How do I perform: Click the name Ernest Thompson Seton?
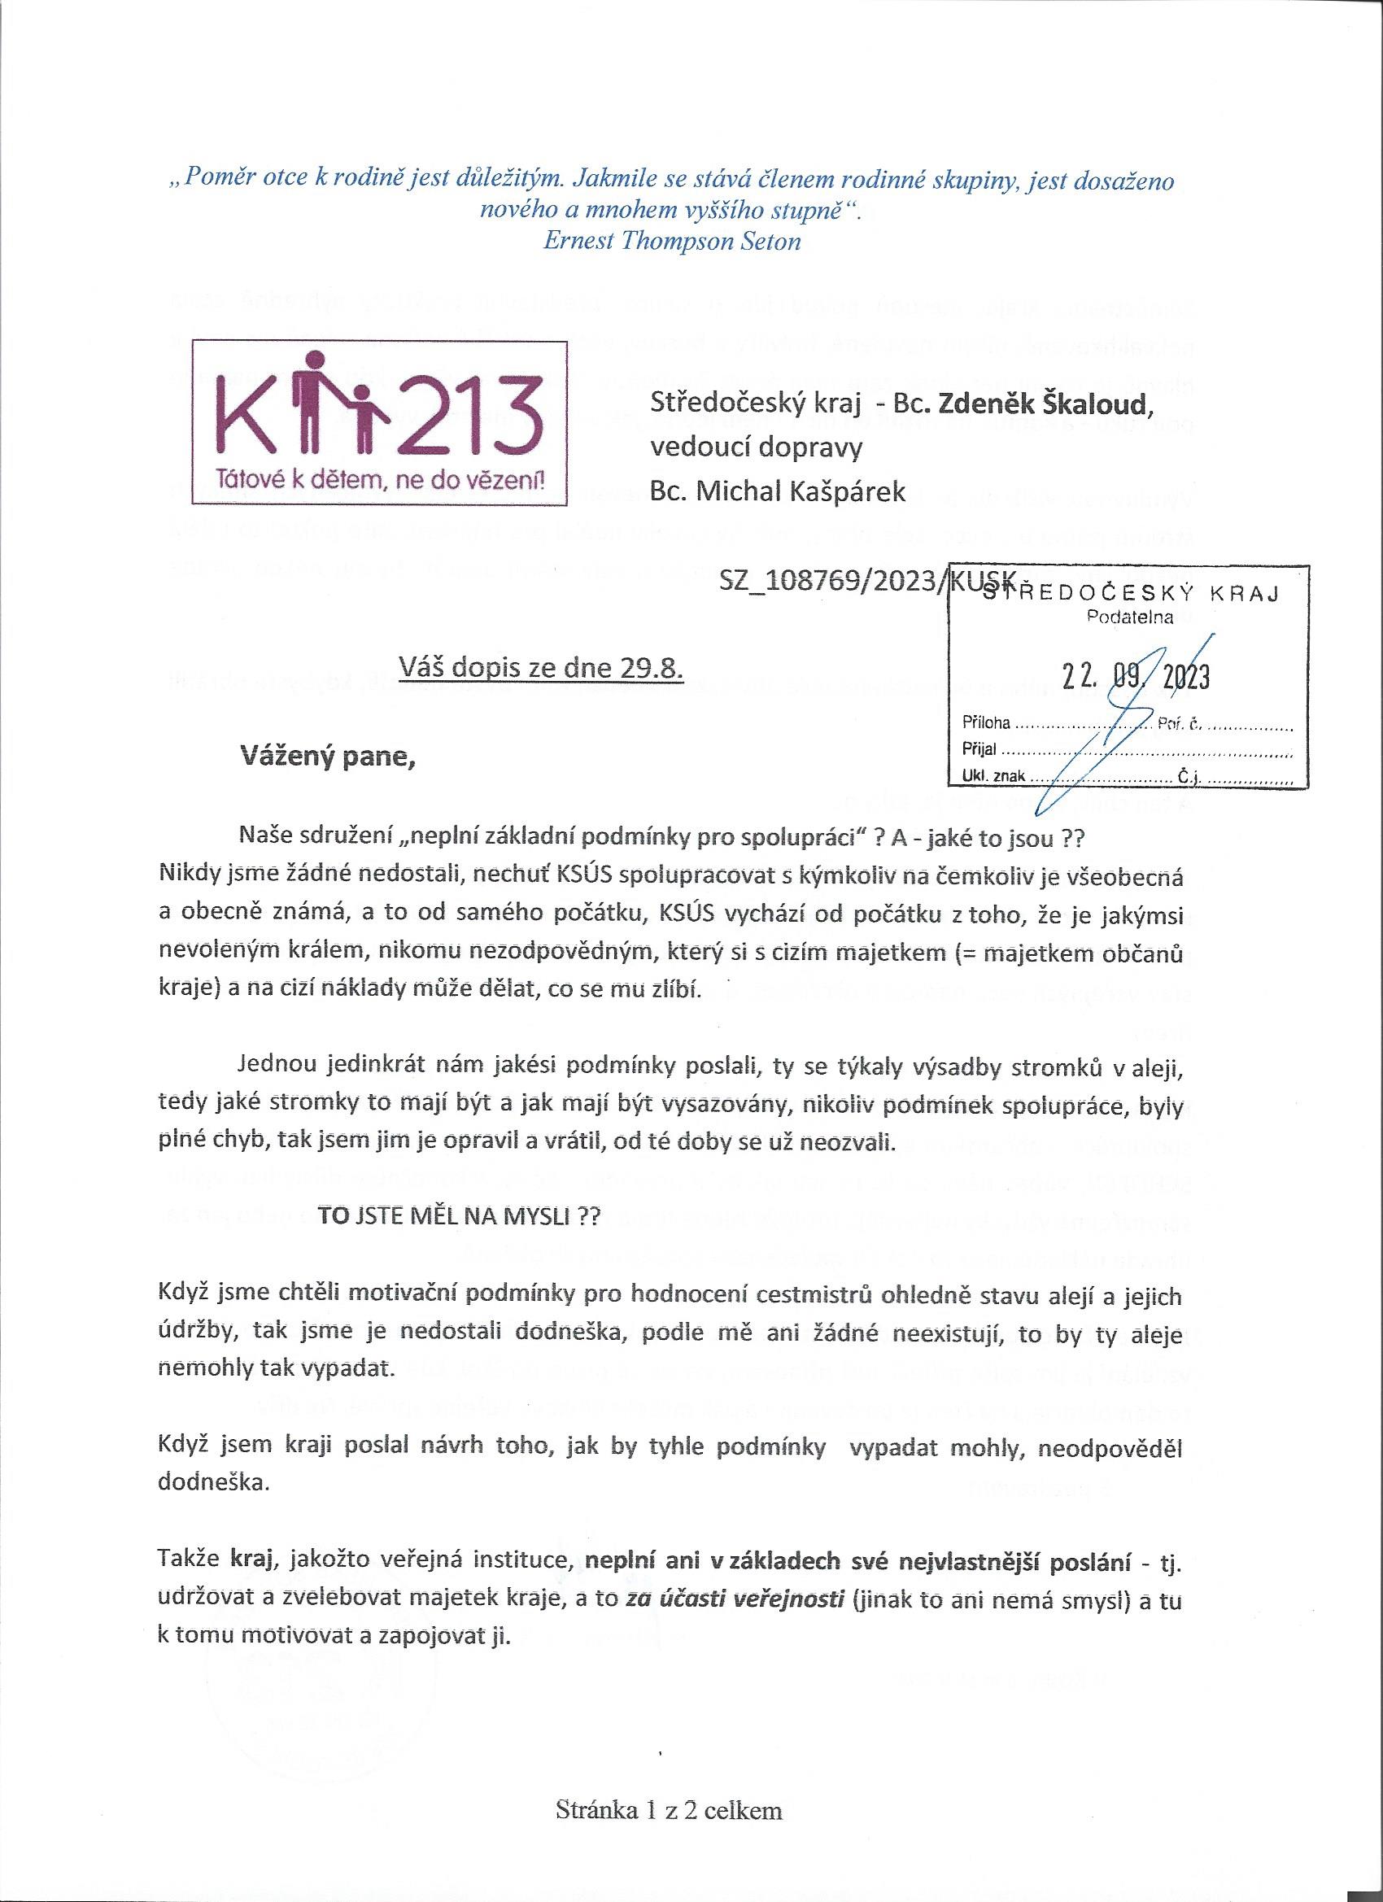[x=672, y=242]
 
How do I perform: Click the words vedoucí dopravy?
[x=757, y=447]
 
